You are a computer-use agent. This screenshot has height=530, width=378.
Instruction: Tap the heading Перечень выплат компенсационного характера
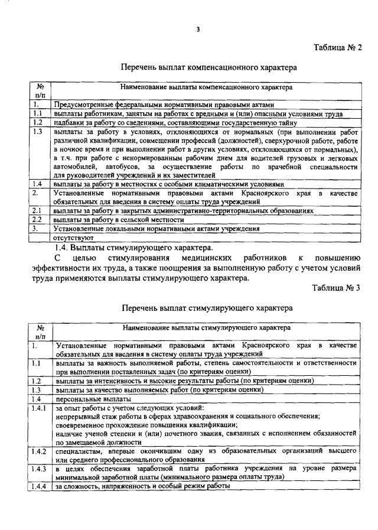(209, 68)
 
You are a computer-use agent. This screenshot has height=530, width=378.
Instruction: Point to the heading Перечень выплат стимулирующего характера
(207, 308)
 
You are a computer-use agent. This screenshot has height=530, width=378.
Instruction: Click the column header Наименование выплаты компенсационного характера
(206, 87)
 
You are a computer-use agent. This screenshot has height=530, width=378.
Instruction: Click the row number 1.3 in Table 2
(39, 132)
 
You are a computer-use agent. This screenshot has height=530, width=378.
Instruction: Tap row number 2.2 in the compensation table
(37, 219)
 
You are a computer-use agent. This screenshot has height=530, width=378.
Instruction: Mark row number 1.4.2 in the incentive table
(40, 451)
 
